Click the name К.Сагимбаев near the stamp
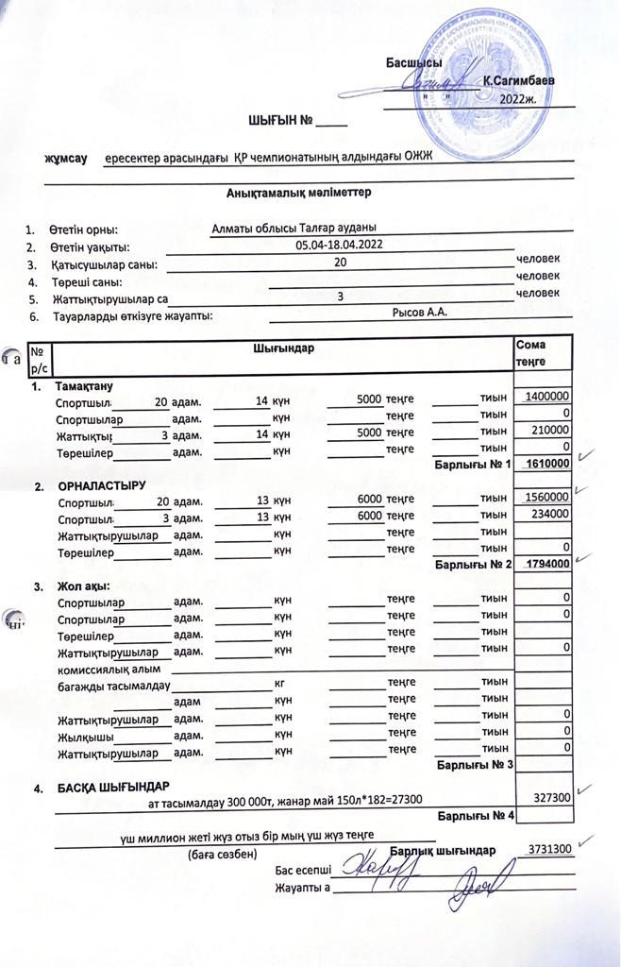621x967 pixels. click(517, 82)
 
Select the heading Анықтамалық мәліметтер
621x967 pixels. click(298, 193)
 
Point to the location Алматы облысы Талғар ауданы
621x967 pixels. click(294, 227)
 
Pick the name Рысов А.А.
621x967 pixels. click(419, 312)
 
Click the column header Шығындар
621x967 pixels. click(283, 348)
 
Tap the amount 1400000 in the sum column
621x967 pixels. click(546, 399)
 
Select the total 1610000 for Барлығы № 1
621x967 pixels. click(546, 464)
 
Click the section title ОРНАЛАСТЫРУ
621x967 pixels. click(102, 485)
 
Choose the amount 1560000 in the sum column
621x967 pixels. click(546, 497)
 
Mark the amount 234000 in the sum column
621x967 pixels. click(550, 515)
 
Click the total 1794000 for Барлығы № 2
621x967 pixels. click(546, 564)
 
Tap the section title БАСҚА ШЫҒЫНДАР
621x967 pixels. click(113, 788)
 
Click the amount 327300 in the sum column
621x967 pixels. click(551, 798)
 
